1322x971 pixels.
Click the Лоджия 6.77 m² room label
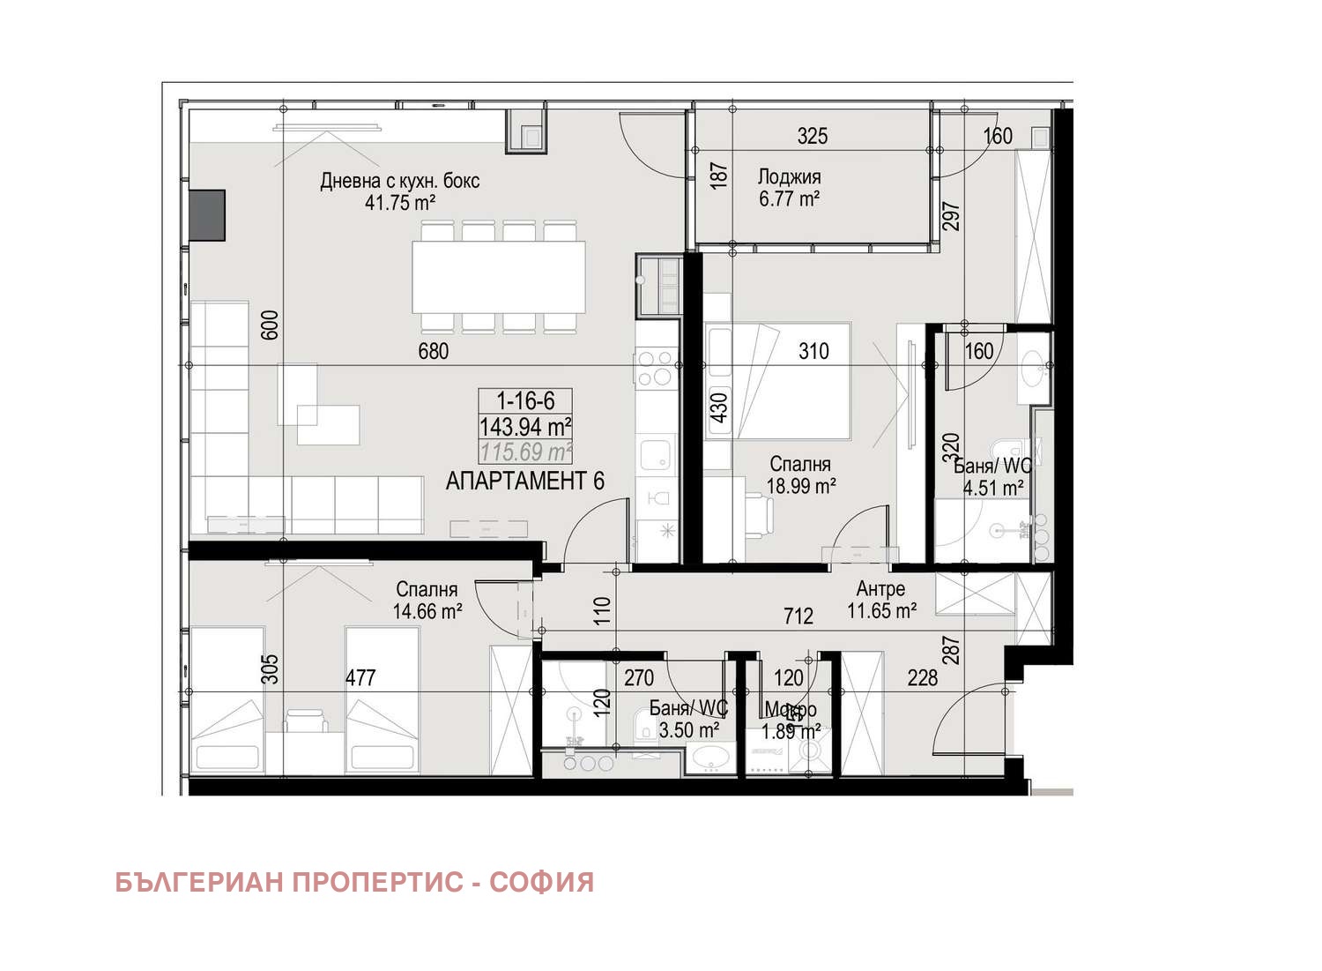point(789,188)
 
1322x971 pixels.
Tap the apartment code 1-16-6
point(525,401)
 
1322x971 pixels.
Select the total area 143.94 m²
point(525,428)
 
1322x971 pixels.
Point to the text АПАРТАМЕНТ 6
point(525,482)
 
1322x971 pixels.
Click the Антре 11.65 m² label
point(881,600)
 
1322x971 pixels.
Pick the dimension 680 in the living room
point(433,351)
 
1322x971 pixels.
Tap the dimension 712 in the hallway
point(798,616)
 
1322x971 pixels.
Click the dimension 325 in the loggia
point(813,136)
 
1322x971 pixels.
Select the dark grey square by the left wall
point(208,215)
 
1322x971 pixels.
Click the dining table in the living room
point(499,277)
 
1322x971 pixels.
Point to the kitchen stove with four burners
point(656,369)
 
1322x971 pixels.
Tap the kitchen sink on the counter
point(656,455)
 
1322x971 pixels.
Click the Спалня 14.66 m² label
point(427,600)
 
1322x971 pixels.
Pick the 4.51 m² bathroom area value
point(993,488)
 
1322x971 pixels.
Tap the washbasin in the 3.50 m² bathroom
point(711,758)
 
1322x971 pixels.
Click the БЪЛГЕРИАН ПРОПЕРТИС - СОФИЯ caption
point(354,883)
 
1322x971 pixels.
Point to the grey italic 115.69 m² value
point(525,453)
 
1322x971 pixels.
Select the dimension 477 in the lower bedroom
point(360,677)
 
